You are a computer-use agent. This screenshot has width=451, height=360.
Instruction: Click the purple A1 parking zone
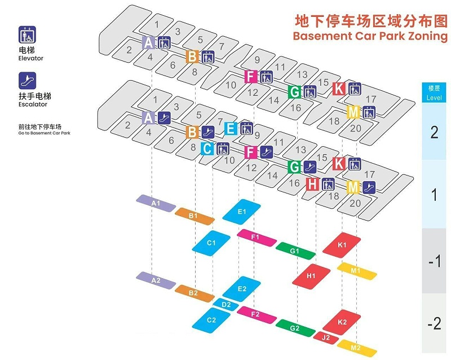(x=156, y=203)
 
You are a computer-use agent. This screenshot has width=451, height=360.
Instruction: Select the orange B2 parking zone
(x=194, y=293)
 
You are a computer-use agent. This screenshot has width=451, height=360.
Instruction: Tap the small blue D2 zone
(x=226, y=305)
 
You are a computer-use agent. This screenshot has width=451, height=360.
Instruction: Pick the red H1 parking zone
(x=311, y=275)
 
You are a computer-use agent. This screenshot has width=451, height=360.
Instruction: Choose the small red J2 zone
(x=326, y=337)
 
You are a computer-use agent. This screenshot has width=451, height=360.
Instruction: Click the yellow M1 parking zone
(x=357, y=271)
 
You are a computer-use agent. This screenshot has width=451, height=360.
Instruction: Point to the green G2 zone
(x=295, y=328)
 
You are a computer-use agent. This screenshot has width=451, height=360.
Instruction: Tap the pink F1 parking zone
(x=257, y=238)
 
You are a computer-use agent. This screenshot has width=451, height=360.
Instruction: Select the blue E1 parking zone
(x=242, y=212)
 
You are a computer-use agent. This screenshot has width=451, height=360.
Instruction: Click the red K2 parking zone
(x=342, y=322)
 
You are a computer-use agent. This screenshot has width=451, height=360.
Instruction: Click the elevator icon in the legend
(x=27, y=35)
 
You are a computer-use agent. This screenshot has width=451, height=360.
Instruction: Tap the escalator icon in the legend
(x=27, y=81)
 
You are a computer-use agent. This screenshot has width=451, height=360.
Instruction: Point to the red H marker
(x=313, y=184)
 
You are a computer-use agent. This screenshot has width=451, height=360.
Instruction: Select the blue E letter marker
(x=231, y=129)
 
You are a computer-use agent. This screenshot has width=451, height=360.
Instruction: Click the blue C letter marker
(x=207, y=149)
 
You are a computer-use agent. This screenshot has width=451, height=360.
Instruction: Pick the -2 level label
(x=434, y=323)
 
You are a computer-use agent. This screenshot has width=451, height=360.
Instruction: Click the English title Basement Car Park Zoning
(x=370, y=36)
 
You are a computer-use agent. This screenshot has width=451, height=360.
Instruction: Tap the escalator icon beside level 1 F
(x=267, y=152)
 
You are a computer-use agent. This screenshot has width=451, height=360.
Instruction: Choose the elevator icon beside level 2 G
(x=309, y=92)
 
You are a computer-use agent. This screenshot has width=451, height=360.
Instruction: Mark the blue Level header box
(x=434, y=93)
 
